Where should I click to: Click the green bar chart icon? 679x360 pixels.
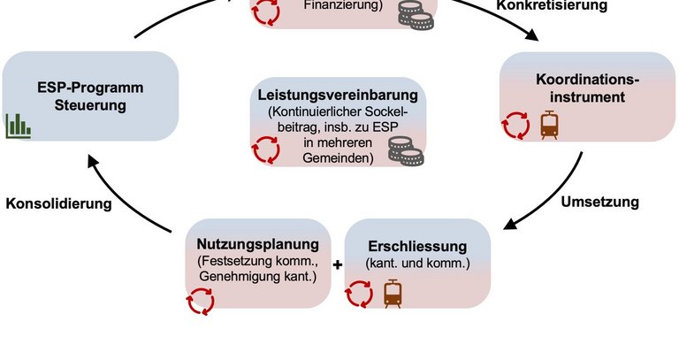click(x=19, y=126)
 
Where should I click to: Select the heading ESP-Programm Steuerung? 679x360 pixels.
click(x=89, y=96)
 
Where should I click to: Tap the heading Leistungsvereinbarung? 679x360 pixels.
click(x=337, y=95)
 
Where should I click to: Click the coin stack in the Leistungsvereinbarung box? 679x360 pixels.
click(x=408, y=157)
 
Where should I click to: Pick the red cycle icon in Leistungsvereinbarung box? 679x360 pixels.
click(x=266, y=151)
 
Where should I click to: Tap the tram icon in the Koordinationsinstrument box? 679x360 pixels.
click(x=550, y=125)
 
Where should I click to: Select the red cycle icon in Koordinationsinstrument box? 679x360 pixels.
click(x=515, y=125)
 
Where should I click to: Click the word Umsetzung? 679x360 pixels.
click(x=599, y=201)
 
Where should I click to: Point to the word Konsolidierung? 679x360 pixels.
click(x=58, y=203)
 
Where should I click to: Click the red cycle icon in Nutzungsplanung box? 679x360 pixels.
click(x=200, y=304)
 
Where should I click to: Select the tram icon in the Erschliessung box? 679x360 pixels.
click(x=393, y=293)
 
